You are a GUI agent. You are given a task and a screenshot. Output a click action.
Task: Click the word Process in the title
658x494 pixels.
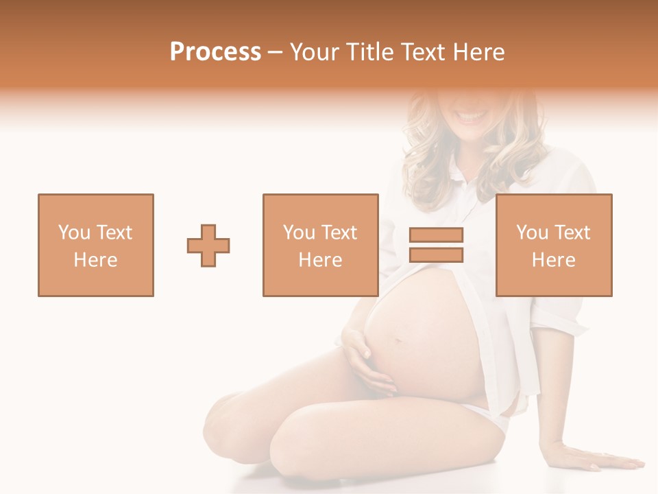click(215, 52)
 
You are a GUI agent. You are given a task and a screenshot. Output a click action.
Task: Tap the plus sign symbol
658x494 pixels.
click(208, 246)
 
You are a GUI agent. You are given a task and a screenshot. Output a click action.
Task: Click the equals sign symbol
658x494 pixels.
click(436, 245)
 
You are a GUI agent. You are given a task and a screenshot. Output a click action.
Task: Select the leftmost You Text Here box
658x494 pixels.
click(96, 245)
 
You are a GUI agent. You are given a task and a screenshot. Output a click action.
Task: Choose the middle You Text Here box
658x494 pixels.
click(321, 245)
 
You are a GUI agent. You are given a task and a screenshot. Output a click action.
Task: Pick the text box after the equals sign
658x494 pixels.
click(554, 245)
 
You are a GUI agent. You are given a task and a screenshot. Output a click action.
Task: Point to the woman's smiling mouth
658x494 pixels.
click(473, 117)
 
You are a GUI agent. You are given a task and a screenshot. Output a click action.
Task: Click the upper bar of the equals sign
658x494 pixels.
click(436, 235)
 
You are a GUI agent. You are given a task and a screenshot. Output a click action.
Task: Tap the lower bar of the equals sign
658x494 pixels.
click(436, 255)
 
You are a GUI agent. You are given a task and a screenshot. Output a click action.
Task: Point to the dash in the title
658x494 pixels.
click(276, 52)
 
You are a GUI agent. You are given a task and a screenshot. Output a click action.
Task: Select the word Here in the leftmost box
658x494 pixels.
click(96, 260)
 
